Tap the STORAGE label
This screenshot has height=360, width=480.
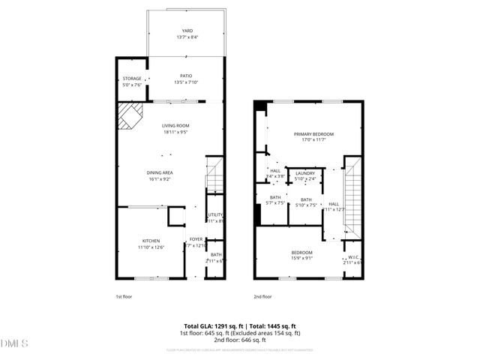pyautogui.click(x=131, y=79)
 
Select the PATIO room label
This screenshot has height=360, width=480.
pyautogui.click(x=186, y=75)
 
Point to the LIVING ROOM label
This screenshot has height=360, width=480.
pyautogui.click(x=175, y=125)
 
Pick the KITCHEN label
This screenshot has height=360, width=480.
pyautogui.click(x=151, y=240)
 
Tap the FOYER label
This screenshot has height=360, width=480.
pyautogui.click(x=196, y=239)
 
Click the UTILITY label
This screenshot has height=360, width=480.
pyautogui.click(x=215, y=215)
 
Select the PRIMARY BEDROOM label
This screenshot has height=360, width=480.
pyautogui.click(x=313, y=133)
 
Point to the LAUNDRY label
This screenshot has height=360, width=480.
pyautogui.click(x=305, y=173)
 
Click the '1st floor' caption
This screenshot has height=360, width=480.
pyautogui.click(x=124, y=296)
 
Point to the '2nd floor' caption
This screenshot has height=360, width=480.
pyautogui.click(x=262, y=296)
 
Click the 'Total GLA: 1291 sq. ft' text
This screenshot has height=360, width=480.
pyautogui.click(x=205, y=325)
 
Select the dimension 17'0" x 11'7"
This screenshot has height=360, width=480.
pyautogui.click(x=313, y=139)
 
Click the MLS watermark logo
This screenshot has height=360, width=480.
pyautogui.click(x=14, y=343)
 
